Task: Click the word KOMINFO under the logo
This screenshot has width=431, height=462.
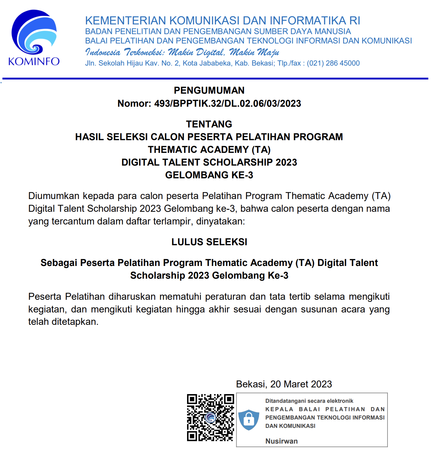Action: (34, 62)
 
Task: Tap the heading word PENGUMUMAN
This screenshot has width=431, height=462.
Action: (209, 90)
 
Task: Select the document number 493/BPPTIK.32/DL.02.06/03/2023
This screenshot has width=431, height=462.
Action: (228, 104)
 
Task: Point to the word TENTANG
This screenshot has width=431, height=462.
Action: (209, 124)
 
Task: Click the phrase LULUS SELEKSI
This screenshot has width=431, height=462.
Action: (209, 242)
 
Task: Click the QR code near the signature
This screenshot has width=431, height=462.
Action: (210, 418)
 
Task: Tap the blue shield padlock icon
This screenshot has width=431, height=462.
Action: (249, 419)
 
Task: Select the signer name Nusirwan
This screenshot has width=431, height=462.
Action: (281, 441)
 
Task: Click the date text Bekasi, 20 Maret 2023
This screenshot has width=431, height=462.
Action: (284, 384)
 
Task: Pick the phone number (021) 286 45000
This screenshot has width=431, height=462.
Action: (333, 63)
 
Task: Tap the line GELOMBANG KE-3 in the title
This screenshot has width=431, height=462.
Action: (209, 175)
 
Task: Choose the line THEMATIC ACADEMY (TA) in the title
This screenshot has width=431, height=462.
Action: (209, 150)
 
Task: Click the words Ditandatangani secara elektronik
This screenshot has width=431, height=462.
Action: (309, 401)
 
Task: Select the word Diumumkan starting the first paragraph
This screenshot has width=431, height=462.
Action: (54, 196)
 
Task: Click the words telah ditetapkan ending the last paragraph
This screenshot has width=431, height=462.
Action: (63, 322)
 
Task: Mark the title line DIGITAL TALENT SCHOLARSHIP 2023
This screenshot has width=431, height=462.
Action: (209, 162)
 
